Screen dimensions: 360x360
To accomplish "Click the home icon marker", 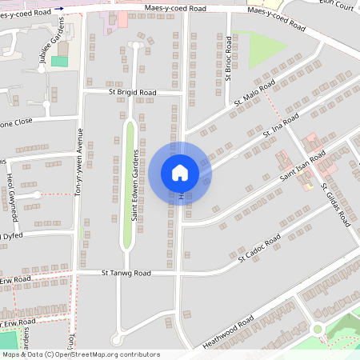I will pyautogui.click(x=180, y=173).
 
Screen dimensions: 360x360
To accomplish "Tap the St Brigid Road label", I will pyautogui.click(x=133, y=93).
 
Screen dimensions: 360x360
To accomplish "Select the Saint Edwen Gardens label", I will pyautogui.click(x=136, y=185).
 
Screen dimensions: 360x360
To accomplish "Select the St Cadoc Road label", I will pyautogui.click(x=259, y=248).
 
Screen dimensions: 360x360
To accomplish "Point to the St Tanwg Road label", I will pyautogui.click(x=126, y=273).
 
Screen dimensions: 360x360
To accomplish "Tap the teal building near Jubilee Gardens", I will pyautogui.click(x=59, y=61).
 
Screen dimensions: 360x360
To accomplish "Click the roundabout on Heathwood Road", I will pyautogui.click(x=318, y=329).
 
